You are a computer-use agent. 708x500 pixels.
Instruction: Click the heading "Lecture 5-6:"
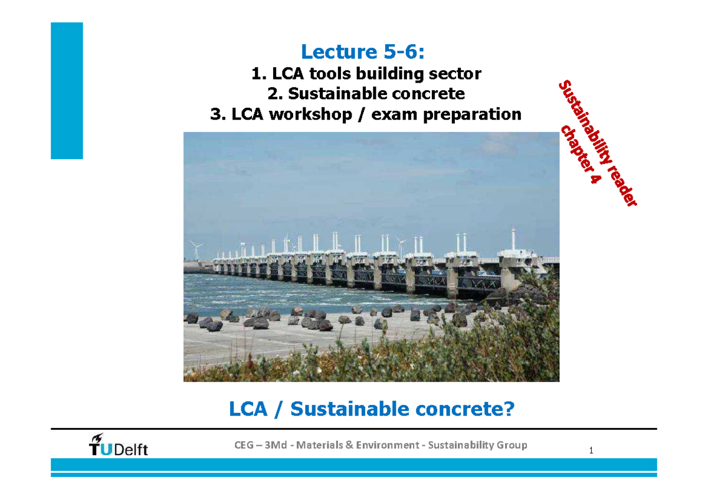coord(362,52)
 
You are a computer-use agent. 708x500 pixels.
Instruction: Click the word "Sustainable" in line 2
coord(335,94)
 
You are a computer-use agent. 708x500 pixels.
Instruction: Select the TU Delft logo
coord(118,445)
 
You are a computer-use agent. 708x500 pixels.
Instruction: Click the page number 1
coord(591,452)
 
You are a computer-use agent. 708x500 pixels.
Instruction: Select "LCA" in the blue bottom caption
coord(248,409)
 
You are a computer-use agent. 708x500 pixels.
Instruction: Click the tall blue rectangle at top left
coord(67,91)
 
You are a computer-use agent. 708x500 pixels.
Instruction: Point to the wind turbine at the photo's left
coord(195,249)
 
